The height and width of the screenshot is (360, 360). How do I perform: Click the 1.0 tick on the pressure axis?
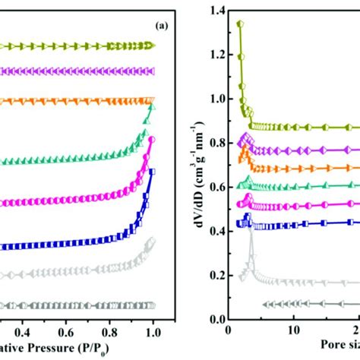click(153, 332)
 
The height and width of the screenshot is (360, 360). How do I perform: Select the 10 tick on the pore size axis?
click(292, 332)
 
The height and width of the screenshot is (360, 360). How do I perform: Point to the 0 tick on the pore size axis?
click(228, 332)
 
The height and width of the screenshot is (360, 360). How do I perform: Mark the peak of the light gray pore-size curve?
click(251, 228)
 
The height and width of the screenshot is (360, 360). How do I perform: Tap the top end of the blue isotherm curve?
click(151, 172)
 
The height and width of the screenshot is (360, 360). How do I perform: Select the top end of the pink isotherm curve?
click(151, 140)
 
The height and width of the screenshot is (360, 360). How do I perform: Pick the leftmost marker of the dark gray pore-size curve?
click(265, 305)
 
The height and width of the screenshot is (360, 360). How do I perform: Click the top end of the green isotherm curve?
click(151, 102)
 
